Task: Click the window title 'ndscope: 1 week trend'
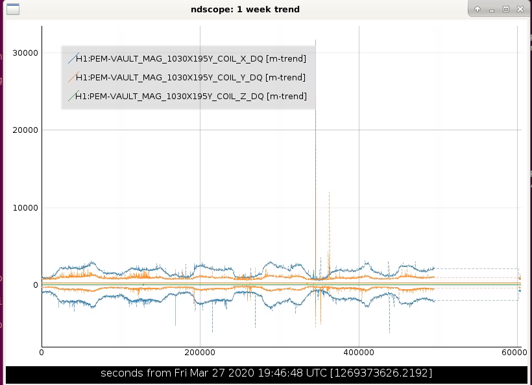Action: point(245,9)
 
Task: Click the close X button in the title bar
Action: point(520,9)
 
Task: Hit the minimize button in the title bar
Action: point(492,10)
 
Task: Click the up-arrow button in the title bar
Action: point(478,9)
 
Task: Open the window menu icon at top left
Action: point(13,9)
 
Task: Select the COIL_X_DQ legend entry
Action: point(191,58)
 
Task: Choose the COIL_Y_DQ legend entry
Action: point(190,78)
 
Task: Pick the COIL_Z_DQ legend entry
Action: point(191,97)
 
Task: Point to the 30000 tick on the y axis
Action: point(25,53)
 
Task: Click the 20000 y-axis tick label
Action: point(25,130)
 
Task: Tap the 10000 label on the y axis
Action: point(25,208)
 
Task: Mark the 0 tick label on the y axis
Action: point(35,285)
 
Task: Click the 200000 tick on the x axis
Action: point(200,353)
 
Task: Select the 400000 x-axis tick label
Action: point(359,353)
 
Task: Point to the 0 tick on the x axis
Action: point(42,353)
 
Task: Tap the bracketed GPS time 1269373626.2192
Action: point(381,373)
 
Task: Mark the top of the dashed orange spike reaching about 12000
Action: point(329,192)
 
